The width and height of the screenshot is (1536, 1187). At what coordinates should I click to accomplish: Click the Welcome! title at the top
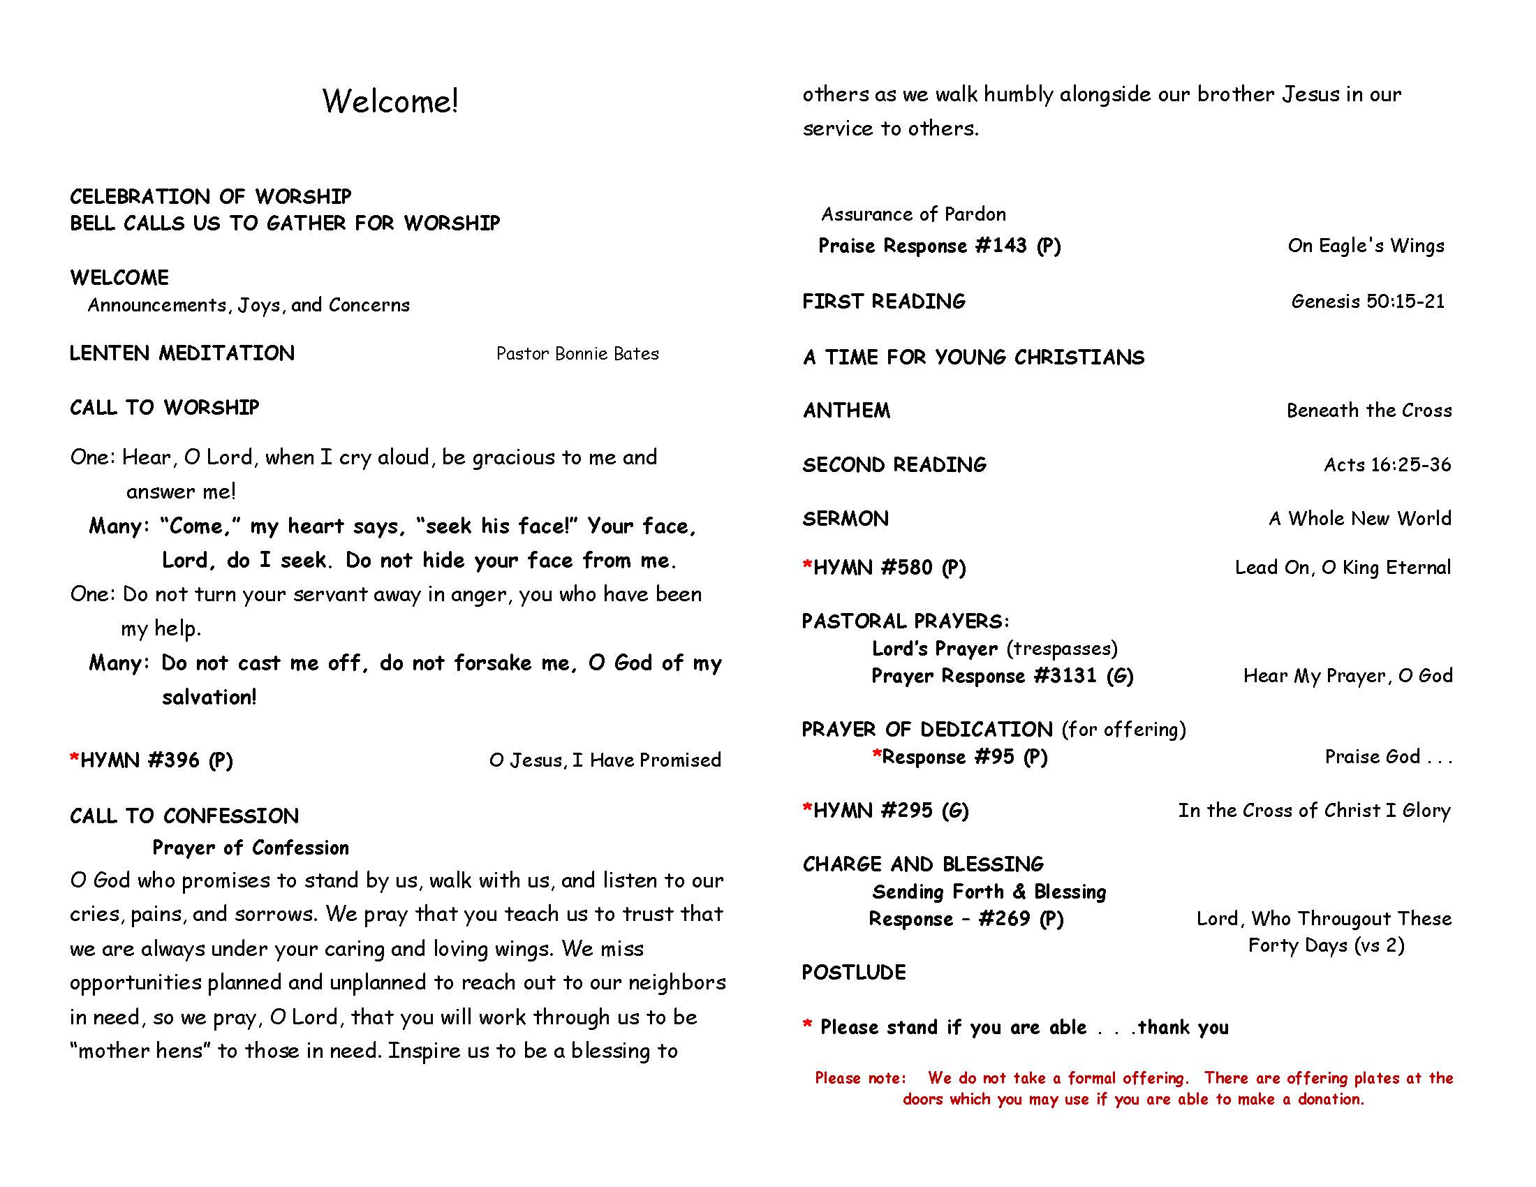tap(390, 101)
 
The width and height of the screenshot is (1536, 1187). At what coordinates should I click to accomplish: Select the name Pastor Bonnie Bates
tap(577, 354)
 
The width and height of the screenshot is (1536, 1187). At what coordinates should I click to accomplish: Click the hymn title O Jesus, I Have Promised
tap(605, 760)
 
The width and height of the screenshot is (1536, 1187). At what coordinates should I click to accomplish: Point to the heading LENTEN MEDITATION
tap(182, 353)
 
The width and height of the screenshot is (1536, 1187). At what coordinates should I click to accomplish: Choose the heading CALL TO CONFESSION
tap(184, 816)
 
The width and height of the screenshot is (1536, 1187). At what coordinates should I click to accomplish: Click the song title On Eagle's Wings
tap(1366, 245)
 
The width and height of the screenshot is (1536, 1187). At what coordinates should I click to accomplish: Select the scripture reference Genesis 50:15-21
tap(1368, 302)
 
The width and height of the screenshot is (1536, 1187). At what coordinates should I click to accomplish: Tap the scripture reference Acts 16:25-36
tap(1387, 465)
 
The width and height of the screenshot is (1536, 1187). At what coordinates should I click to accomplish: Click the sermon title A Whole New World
tap(1359, 519)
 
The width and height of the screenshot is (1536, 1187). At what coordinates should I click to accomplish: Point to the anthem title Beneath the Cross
tap(1368, 411)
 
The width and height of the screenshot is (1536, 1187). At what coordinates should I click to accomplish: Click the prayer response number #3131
tap(1065, 676)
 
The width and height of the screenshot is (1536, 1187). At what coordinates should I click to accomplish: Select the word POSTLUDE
tap(854, 973)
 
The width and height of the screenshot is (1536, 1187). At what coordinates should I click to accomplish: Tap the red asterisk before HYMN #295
tap(807, 809)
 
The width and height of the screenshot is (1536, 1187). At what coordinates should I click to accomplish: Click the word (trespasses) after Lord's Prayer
tap(1062, 649)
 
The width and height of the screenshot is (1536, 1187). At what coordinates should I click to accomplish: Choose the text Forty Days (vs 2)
tap(1326, 945)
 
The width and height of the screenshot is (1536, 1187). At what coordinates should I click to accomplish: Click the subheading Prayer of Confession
tap(251, 848)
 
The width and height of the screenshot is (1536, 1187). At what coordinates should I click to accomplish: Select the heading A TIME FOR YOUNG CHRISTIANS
tap(973, 357)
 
